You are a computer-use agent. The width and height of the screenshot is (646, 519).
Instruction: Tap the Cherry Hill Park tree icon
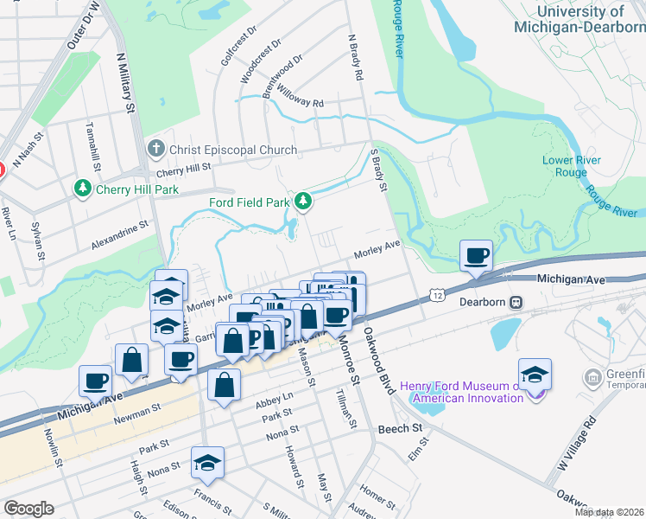[83, 188]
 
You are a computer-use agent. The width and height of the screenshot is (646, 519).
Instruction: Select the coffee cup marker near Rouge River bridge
[476, 256]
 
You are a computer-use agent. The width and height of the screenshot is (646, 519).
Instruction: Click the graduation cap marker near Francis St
[207, 464]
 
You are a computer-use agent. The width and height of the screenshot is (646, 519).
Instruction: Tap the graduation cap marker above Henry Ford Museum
[535, 374]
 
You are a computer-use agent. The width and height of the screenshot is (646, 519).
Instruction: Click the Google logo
[28, 509]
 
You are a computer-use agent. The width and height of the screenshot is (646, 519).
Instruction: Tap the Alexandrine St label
[120, 234]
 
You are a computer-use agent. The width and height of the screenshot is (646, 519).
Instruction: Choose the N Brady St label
[354, 57]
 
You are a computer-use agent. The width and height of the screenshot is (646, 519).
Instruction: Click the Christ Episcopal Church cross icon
[155, 150]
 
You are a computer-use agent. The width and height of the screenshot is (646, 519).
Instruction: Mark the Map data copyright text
[610, 512]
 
